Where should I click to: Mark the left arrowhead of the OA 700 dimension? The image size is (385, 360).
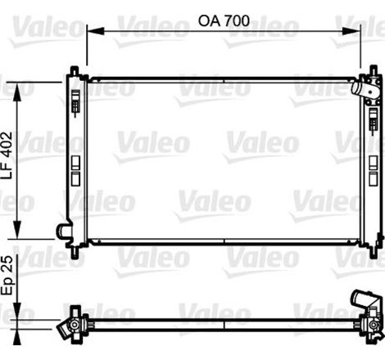[91, 31]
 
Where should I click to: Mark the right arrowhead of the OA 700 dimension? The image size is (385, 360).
[362, 31]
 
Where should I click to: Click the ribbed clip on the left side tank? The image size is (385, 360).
[76, 104]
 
